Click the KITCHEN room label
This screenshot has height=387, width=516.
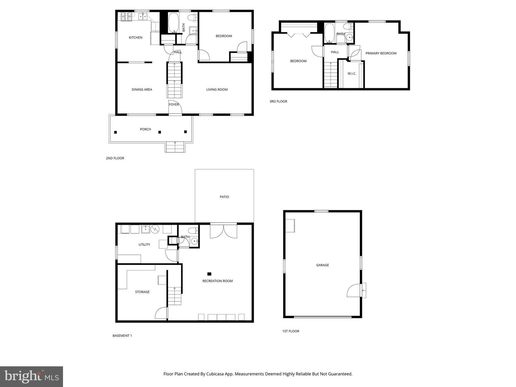click(x=135, y=38)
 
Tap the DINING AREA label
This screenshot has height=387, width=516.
click(x=142, y=90)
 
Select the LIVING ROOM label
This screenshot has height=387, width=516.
click(x=217, y=90)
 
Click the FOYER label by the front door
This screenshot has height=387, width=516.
click(x=174, y=105)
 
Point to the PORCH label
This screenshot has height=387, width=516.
click(x=145, y=129)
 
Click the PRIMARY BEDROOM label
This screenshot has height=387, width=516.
click(x=381, y=53)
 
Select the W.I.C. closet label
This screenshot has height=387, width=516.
click(x=352, y=74)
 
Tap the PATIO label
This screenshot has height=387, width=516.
click(x=224, y=197)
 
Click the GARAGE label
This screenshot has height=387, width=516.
click(x=322, y=265)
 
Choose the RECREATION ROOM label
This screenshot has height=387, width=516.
click(x=218, y=281)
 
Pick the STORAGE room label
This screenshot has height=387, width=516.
click(x=142, y=292)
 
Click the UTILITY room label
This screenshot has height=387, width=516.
click(x=144, y=245)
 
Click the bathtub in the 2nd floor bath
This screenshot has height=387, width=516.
click(x=173, y=23)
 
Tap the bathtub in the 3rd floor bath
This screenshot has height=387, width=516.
click(x=329, y=33)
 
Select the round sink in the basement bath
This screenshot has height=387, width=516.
click(x=195, y=242)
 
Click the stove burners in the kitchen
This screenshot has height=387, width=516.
click(x=126, y=16)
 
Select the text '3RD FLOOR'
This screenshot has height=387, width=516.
click(x=278, y=101)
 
